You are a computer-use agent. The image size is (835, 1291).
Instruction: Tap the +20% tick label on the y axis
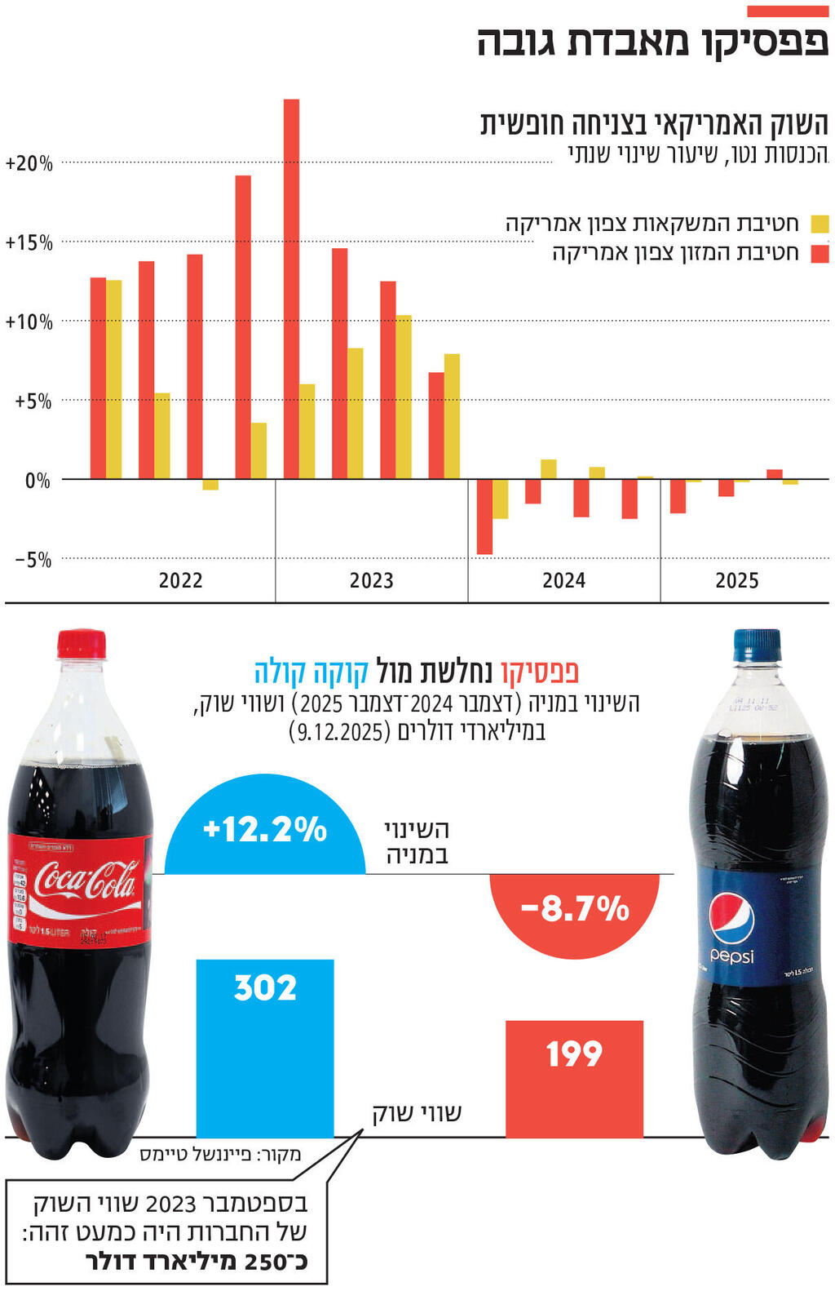pyautogui.click(x=29, y=163)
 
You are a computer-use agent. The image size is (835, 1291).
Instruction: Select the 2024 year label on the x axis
pyautogui.click(x=563, y=580)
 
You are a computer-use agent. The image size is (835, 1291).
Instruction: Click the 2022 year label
pyautogui.click(x=180, y=580)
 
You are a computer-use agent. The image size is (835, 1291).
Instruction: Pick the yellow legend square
pyautogui.click(x=820, y=224)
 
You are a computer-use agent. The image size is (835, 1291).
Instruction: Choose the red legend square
pyautogui.click(x=820, y=253)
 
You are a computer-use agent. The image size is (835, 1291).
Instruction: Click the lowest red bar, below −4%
pyautogui.click(x=484, y=517)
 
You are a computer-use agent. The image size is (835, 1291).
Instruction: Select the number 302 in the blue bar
pyautogui.click(x=265, y=988)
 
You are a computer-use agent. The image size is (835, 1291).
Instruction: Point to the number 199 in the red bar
pyautogui.click(x=574, y=1054)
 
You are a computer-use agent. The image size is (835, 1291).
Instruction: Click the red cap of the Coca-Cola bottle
pyautogui.click(x=81, y=643)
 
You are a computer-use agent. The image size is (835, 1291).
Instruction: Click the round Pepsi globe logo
pyautogui.click(x=731, y=918)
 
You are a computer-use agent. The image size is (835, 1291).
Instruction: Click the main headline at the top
pyautogui.click(x=652, y=42)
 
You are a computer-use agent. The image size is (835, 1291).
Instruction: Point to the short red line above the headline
pyautogui.click(x=787, y=11)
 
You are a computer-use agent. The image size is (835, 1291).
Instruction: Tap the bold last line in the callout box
pyautogui.click(x=196, y=1262)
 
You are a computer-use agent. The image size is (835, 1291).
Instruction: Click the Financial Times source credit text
pyautogui.click(x=220, y=1154)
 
